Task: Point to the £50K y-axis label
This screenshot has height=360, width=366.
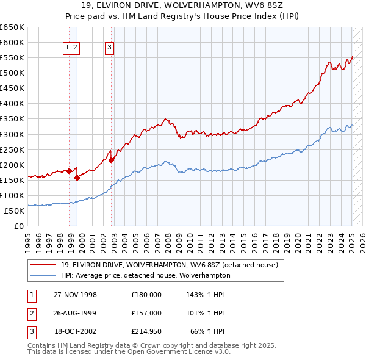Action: (x=14, y=211)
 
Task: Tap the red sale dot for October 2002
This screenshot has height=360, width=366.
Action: (x=112, y=160)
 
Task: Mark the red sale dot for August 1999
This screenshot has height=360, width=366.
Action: (x=77, y=178)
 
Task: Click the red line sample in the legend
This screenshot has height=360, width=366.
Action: (x=43, y=265)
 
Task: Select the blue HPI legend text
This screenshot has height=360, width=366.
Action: (x=145, y=275)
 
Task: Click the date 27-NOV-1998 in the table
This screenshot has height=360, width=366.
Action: (x=75, y=295)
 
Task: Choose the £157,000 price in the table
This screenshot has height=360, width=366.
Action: (x=146, y=313)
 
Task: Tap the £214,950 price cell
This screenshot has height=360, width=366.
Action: (x=146, y=331)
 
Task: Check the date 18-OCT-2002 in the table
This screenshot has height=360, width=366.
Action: (x=76, y=331)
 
